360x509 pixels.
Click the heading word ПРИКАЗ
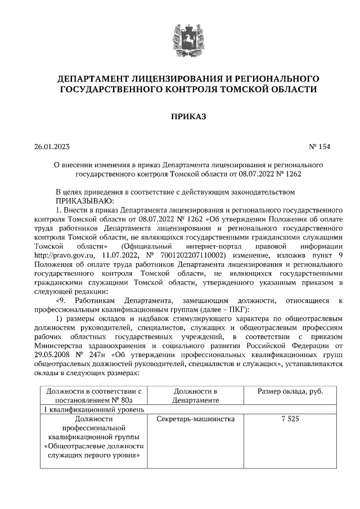[180, 116]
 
